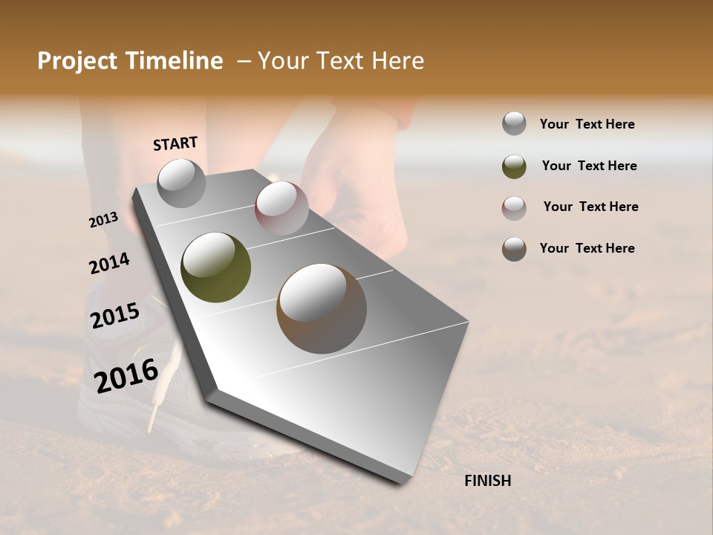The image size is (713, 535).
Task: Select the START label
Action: click(175, 143)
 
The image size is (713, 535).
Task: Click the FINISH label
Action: click(487, 481)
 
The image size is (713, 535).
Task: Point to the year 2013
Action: click(103, 219)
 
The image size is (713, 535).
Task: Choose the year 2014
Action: click(109, 264)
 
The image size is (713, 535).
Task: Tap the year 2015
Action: click(115, 316)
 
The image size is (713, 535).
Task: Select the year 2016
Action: click(126, 375)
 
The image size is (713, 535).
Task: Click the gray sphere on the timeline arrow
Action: click(181, 183)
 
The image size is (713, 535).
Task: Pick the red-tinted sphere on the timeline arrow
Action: click(281, 208)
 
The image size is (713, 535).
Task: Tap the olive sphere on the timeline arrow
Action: click(215, 267)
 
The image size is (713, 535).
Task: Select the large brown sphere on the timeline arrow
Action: click(322, 308)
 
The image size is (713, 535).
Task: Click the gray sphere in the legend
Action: click(514, 124)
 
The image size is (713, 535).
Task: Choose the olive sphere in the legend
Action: click(514, 166)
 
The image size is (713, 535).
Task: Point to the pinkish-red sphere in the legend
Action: click(514, 208)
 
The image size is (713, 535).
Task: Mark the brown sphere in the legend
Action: click(514, 249)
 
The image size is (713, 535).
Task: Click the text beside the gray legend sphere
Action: click(587, 124)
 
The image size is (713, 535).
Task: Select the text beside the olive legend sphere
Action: click(589, 166)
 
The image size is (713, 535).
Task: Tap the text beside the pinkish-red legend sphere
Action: click(590, 207)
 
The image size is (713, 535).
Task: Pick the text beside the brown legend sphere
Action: click(587, 248)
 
